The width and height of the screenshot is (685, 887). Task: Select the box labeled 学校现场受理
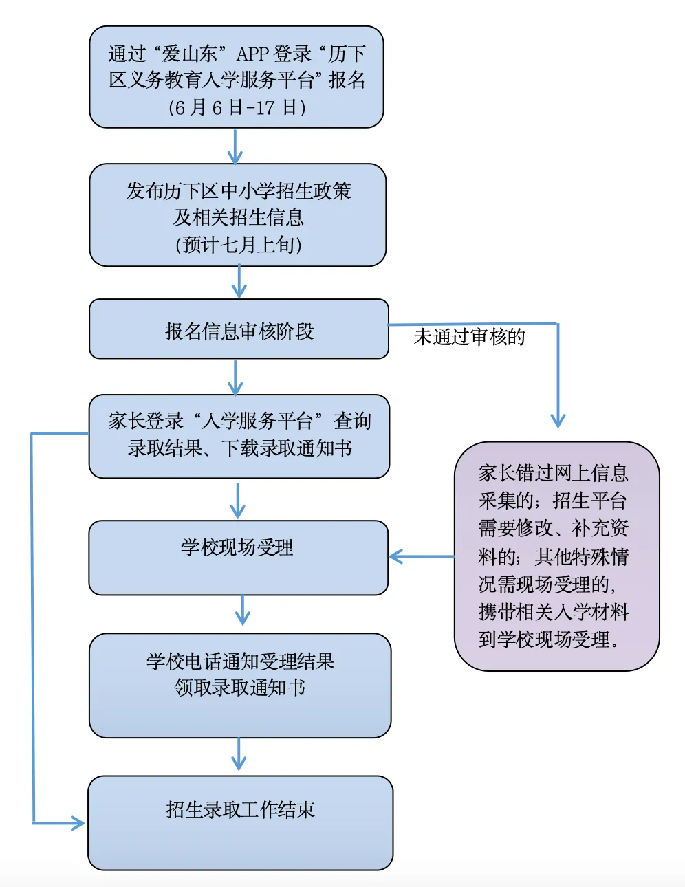coord(238,557)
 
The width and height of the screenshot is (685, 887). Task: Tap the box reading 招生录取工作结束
coord(240,822)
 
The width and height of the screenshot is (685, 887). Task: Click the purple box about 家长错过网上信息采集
coord(556,556)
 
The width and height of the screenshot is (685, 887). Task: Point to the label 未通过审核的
coord(469,337)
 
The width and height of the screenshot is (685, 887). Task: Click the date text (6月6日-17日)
coord(237,107)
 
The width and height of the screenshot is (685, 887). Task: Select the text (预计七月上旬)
coord(238,245)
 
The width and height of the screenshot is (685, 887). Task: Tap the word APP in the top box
coord(252,54)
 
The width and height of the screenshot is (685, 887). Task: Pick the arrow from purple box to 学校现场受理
coord(421,556)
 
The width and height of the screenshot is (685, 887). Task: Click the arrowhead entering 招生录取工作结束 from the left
coord(76,822)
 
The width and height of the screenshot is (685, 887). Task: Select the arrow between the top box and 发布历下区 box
coord(235,146)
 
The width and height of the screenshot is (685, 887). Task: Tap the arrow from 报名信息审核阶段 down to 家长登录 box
coord(235,377)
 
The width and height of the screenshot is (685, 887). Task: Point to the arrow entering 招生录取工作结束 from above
coord(239,754)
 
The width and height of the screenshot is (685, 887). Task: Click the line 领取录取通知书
coord(239,688)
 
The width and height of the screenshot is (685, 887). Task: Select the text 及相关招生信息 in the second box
coord(238,217)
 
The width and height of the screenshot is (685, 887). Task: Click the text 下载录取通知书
coord(287,448)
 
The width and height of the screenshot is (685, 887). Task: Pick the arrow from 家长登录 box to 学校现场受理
coord(237,500)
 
